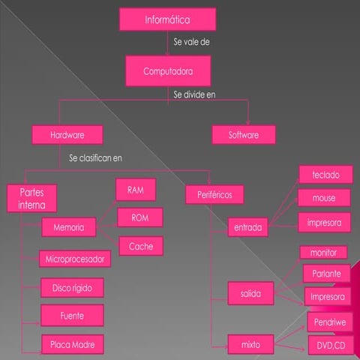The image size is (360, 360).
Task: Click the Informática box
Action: (x=167, y=19)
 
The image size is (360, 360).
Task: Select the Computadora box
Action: (x=168, y=71)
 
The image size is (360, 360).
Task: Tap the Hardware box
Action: (x=67, y=135)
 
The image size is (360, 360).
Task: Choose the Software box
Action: (x=244, y=135)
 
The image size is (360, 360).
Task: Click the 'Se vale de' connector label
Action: (x=191, y=42)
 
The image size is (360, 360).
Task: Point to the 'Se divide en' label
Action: (x=194, y=94)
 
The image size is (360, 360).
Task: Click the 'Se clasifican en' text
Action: (x=95, y=158)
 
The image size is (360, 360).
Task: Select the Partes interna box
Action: (x=31, y=199)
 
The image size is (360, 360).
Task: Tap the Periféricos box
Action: (x=214, y=194)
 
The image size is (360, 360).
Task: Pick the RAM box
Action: (x=136, y=190)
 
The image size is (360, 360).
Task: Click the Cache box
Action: (x=141, y=246)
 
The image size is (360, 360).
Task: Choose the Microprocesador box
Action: (x=75, y=259)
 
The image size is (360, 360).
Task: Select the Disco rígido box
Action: (x=72, y=288)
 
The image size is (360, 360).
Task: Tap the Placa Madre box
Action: (x=73, y=344)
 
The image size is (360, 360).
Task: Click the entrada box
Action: (x=248, y=227)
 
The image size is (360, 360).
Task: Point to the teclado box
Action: (x=326, y=175)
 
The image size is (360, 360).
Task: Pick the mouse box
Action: (x=324, y=198)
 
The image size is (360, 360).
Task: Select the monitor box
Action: (x=323, y=253)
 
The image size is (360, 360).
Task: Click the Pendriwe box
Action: (x=330, y=322)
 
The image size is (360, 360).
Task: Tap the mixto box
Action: (x=250, y=344)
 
